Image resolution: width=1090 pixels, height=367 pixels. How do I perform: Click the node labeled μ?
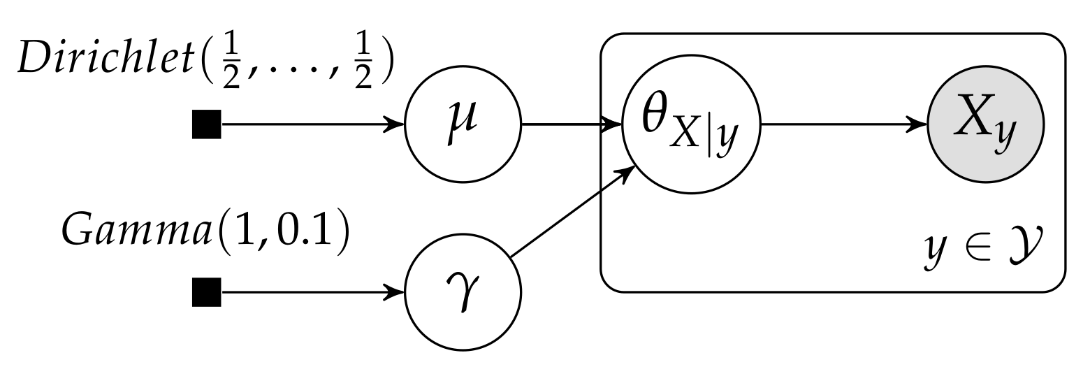point(463,127)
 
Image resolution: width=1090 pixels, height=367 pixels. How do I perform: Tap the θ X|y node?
point(692,127)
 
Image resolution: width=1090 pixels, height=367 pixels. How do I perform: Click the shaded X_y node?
point(985,127)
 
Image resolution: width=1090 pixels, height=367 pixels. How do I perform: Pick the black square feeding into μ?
point(206,127)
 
